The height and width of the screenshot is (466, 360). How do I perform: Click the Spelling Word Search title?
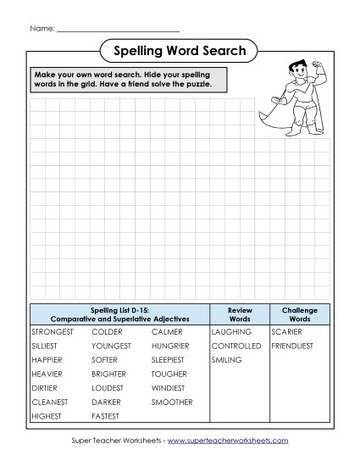click(x=180, y=51)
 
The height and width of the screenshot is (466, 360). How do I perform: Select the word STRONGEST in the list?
click(x=52, y=332)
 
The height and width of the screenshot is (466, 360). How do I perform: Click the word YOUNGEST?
click(x=111, y=347)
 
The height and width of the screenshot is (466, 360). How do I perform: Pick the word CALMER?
click(x=167, y=332)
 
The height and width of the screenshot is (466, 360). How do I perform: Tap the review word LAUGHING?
click(x=231, y=332)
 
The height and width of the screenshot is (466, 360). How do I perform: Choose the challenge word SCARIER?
click(x=285, y=332)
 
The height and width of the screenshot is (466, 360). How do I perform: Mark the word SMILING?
click(x=227, y=360)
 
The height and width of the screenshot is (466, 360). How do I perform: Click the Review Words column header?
click(x=240, y=314)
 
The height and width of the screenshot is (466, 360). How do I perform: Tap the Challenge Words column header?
click(x=299, y=314)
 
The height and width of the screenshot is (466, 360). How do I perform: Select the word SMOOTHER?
click(x=172, y=402)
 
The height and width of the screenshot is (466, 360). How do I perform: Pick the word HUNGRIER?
click(x=171, y=347)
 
